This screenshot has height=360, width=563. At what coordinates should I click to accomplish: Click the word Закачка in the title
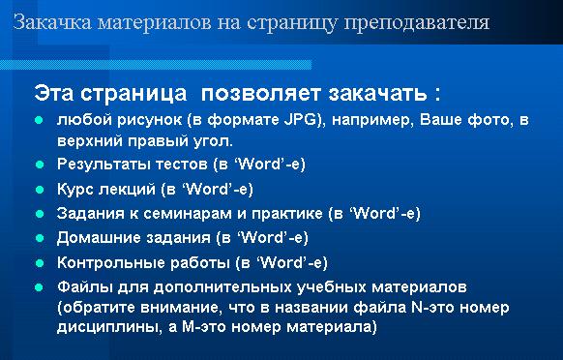point(53,22)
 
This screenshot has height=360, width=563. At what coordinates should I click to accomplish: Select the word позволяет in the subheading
point(260,94)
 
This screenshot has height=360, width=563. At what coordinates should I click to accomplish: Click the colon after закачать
point(437,94)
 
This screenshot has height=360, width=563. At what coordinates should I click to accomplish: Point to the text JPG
point(303,120)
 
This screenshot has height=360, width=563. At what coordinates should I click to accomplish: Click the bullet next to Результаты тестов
point(40,165)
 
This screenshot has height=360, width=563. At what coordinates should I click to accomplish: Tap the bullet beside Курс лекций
point(40,190)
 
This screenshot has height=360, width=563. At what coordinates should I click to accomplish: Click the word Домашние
point(99,237)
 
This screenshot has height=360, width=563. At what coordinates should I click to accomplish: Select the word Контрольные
point(110,262)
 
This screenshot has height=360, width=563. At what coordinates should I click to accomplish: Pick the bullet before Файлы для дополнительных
point(40,287)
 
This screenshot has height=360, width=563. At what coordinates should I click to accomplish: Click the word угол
point(215,141)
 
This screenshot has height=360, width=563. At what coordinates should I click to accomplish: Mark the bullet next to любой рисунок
point(40,120)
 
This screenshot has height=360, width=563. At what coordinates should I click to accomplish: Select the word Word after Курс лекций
point(206,189)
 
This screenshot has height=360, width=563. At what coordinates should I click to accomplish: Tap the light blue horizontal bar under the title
point(156,65)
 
